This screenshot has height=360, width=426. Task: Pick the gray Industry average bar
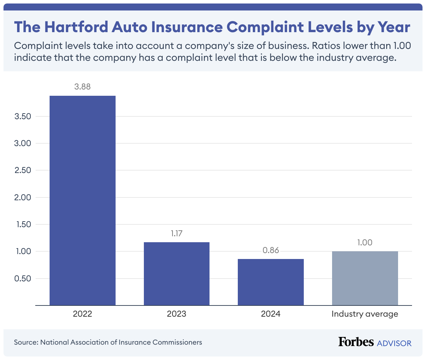[x=365, y=278]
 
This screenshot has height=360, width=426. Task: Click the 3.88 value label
[x=82, y=87]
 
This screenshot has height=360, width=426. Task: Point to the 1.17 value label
[x=177, y=233]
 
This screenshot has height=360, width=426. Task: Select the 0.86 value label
[x=271, y=250]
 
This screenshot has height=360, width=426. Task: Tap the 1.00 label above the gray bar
[x=365, y=243]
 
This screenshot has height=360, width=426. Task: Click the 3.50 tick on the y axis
[x=23, y=116]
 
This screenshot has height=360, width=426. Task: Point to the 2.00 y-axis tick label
[x=23, y=197]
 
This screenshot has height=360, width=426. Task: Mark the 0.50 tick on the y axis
[x=23, y=279]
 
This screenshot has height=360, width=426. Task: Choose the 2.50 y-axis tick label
[x=23, y=171]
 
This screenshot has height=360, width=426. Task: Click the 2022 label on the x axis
[x=82, y=314]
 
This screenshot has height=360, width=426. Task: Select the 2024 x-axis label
[x=271, y=314]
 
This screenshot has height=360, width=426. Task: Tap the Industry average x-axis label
[x=365, y=314]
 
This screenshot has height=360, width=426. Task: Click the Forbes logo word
[x=356, y=342]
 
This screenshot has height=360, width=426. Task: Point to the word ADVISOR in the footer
[x=394, y=343]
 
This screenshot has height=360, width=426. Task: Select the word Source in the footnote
[x=25, y=342]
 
